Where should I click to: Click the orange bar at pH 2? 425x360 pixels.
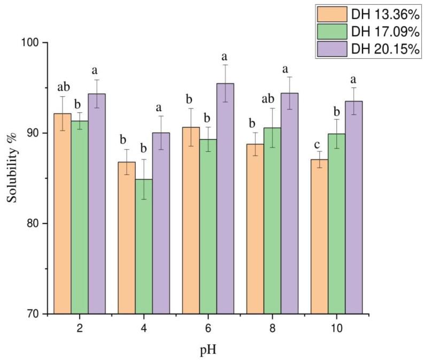point(63,214)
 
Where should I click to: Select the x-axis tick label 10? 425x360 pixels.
point(337,327)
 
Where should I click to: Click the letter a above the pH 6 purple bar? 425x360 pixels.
point(225,56)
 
